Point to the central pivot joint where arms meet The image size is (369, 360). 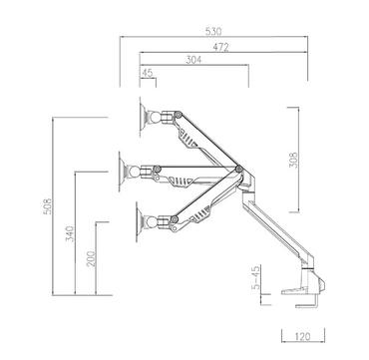pyautogui.click(x=238, y=169)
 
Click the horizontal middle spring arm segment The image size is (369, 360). pyautogui.click(x=189, y=173)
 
